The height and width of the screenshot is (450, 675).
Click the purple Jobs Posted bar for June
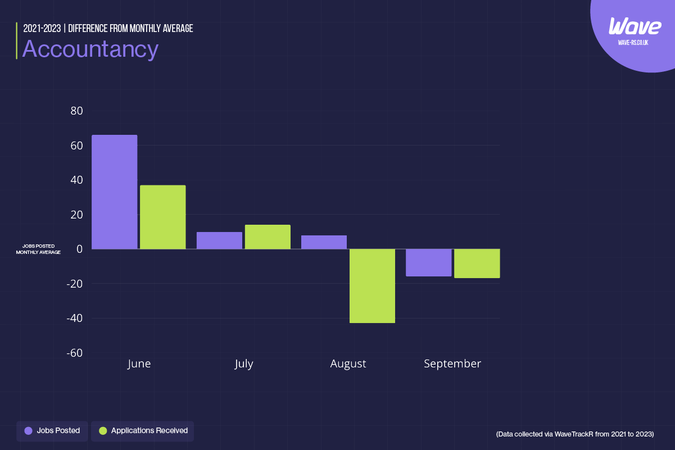115,192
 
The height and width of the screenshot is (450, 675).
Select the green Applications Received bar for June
163,217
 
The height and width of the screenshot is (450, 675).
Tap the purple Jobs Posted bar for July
219,240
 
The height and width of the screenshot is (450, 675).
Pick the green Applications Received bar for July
268,237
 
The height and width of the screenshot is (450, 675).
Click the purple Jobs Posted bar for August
324,242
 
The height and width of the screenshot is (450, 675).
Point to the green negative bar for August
372,286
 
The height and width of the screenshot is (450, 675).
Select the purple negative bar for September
428,262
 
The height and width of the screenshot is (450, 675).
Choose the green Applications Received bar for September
477,263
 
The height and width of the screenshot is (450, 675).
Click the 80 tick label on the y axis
76,111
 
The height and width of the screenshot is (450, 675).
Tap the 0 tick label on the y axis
80,249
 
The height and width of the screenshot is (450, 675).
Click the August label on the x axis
348,364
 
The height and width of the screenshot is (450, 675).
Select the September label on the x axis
452,364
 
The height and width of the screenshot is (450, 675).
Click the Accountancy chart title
90,49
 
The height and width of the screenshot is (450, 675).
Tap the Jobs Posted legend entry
52,431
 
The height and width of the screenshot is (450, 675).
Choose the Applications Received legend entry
143,431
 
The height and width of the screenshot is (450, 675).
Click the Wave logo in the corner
635,26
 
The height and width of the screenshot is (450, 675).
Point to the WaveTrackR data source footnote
575,434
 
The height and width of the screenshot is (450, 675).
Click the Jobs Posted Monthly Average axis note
38,249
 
